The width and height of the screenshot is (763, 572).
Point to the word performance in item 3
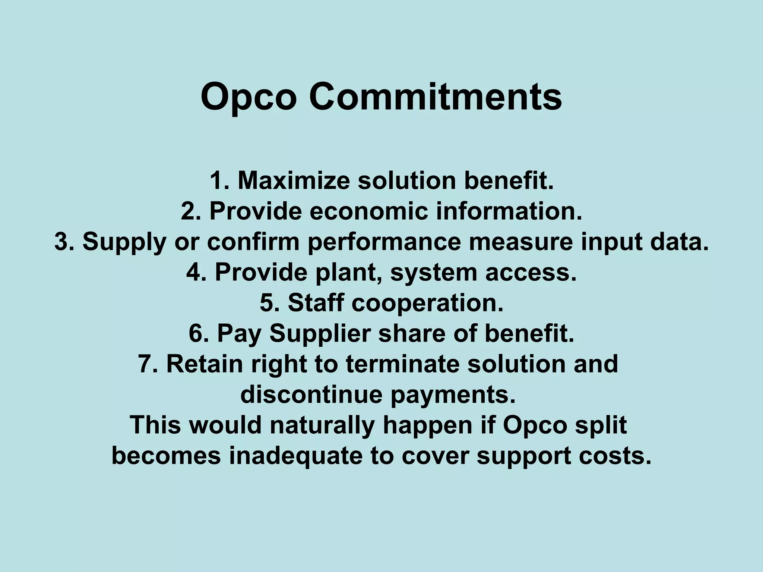384,242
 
